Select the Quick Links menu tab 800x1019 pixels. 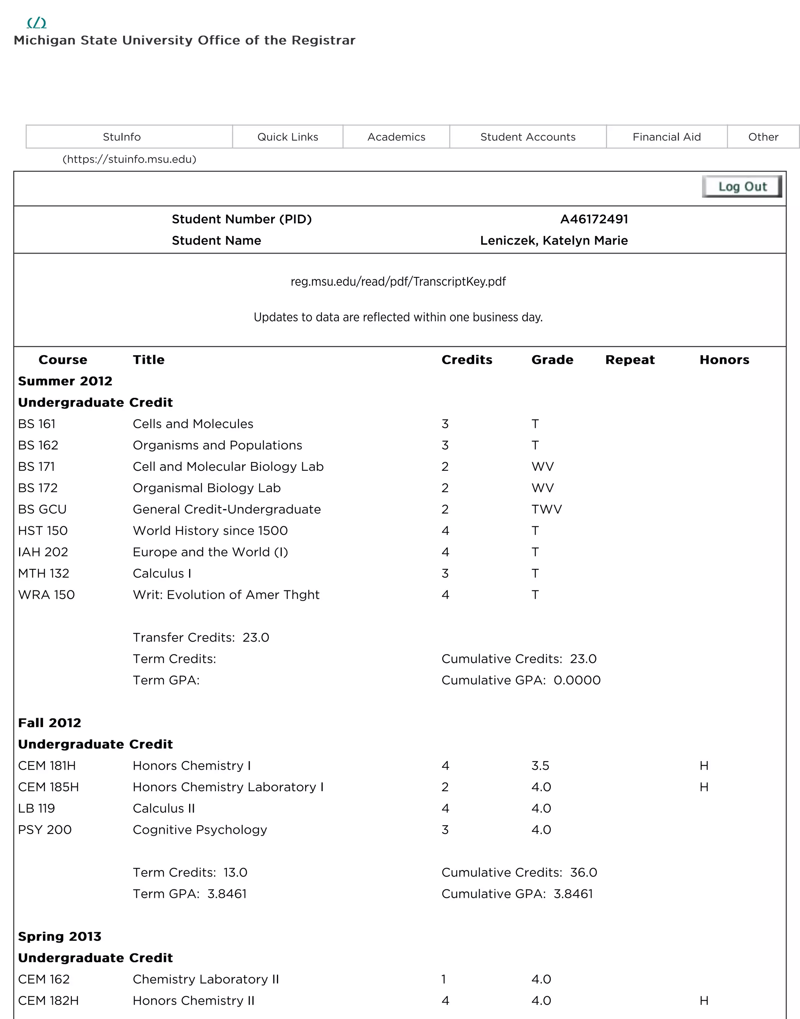[x=287, y=137]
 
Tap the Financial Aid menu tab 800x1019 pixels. [x=666, y=137]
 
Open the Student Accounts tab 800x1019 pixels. [x=527, y=137]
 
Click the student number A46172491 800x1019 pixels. [x=593, y=219]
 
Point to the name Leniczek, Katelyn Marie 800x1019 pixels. [x=554, y=240]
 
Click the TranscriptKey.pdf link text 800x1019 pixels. [x=398, y=282]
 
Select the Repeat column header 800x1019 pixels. [x=630, y=360]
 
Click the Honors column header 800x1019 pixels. [x=724, y=360]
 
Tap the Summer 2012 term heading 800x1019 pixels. [x=65, y=381]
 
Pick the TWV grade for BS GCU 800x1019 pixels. [x=546, y=509]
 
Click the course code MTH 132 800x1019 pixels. [x=44, y=574]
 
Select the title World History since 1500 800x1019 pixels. [x=210, y=531]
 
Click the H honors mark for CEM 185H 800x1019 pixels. [x=704, y=787]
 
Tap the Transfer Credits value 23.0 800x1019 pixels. [x=256, y=638]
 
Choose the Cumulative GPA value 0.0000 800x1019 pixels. [x=577, y=680]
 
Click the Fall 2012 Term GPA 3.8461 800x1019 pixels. [x=227, y=894]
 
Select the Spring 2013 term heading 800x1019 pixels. [x=59, y=937]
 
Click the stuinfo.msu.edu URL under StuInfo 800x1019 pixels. [x=129, y=159]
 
